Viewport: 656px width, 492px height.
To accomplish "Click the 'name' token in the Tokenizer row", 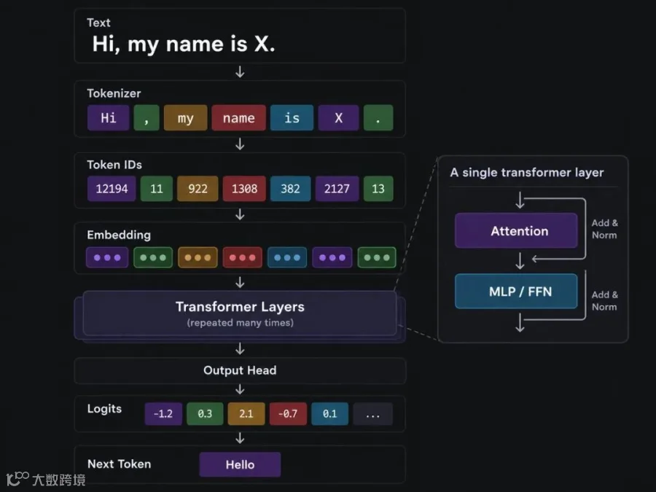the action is [x=238, y=117].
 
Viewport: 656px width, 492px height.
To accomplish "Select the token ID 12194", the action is [x=112, y=189].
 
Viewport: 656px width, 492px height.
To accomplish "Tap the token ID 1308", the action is [x=244, y=189].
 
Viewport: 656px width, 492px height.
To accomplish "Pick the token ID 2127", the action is [x=337, y=189].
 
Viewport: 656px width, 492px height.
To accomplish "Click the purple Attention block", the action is [x=516, y=230].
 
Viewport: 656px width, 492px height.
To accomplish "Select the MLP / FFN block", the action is [x=516, y=291].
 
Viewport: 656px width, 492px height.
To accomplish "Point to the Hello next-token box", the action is [x=240, y=464].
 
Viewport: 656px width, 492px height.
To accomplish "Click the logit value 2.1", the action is [x=246, y=414].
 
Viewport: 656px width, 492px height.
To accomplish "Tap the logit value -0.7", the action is [x=288, y=414].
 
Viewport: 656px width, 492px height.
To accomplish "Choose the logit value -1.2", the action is [x=163, y=414].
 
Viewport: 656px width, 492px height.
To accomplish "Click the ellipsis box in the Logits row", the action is [x=372, y=414].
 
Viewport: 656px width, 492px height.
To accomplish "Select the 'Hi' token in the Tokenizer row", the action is [x=109, y=117].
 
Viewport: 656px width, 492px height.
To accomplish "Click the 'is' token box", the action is [x=292, y=117].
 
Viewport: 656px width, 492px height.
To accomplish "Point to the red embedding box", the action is [x=242, y=257].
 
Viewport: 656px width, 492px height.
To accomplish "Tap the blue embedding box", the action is [x=287, y=257].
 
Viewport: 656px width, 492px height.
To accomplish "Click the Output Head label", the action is [x=240, y=370].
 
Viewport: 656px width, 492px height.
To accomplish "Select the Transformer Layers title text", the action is [x=240, y=307].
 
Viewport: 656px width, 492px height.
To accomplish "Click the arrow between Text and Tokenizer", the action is [x=240, y=71].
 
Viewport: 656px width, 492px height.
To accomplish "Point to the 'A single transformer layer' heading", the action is [x=527, y=172].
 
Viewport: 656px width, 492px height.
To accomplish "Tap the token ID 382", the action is [x=290, y=189].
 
